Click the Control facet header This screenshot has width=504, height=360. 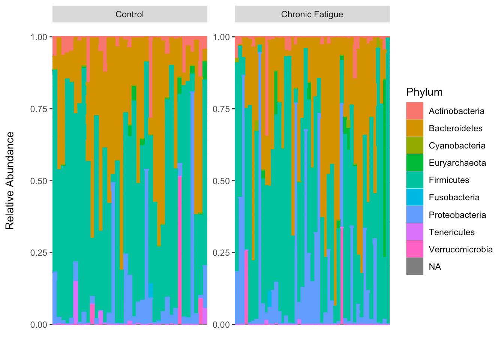[130, 14]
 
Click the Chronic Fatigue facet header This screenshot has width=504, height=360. [312, 14]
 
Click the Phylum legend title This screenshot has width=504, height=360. [424, 92]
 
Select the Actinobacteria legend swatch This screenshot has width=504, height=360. [414, 111]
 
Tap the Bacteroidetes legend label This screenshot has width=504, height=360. [455, 128]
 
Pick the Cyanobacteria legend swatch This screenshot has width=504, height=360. [414, 145]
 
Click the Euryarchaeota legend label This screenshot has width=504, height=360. [457, 163]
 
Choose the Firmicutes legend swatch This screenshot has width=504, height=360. [414, 180]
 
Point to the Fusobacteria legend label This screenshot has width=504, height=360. [454, 197]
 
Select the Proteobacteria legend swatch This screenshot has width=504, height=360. [414, 215]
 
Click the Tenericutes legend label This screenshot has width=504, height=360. [451, 232]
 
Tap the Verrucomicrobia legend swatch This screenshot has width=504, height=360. [414, 249]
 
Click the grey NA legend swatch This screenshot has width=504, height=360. [414, 267]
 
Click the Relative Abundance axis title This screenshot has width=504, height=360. [10, 180]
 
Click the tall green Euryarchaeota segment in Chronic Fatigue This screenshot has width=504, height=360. [384, 169]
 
